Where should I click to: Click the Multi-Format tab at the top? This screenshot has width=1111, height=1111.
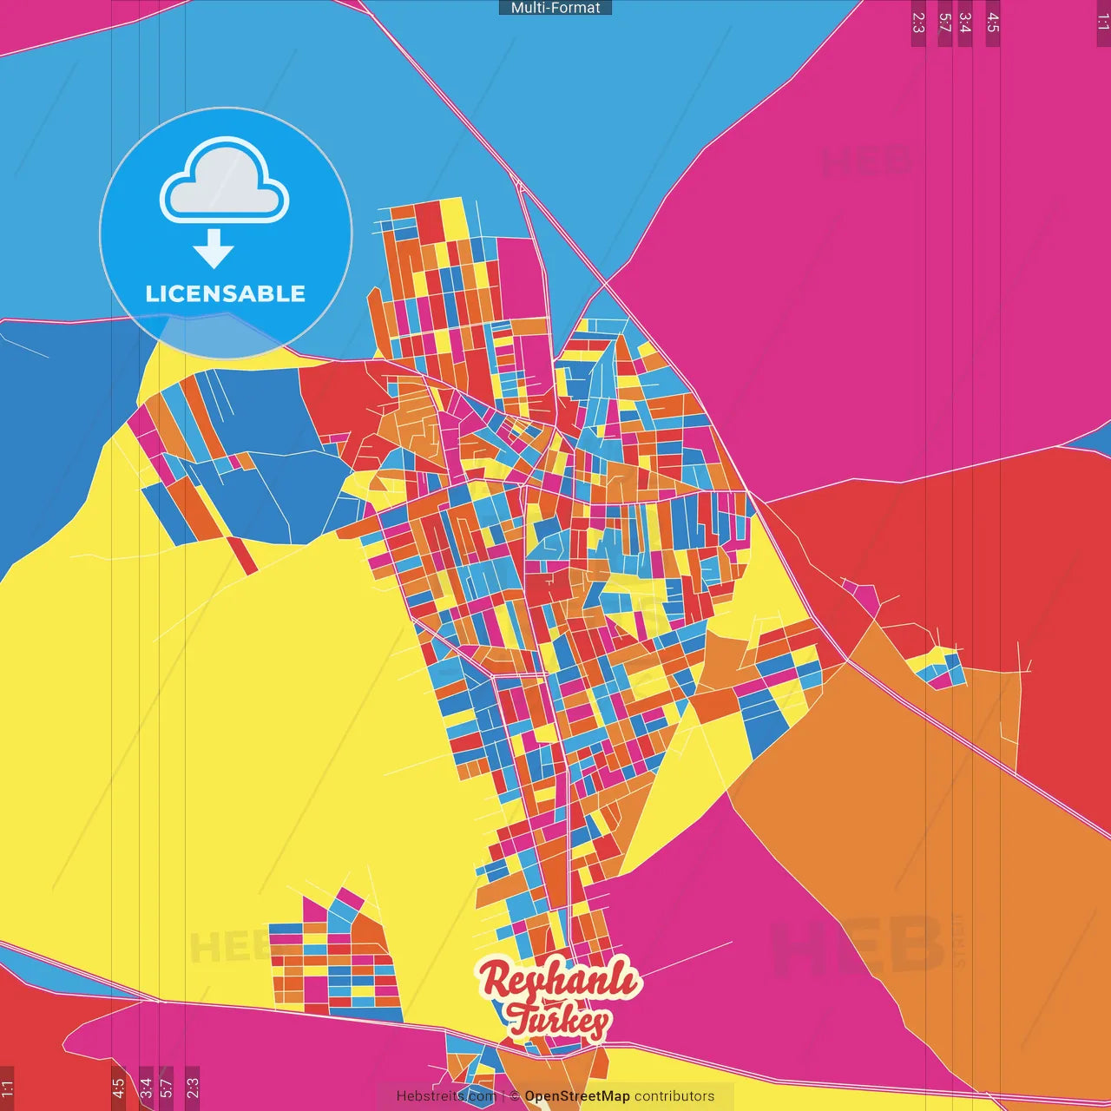coord(555,8)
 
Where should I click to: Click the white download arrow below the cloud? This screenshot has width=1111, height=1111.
coord(214,248)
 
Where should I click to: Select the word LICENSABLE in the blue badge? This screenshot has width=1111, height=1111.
coord(225,293)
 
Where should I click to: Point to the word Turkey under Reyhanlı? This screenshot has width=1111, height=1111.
coord(558,1019)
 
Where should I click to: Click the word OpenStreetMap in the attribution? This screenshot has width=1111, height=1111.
coord(577,1096)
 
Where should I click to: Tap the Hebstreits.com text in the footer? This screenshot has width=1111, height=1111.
coord(446,1096)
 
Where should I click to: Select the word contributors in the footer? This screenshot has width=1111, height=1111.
coord(674,1096)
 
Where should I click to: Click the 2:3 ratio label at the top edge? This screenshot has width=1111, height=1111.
coord(917,23)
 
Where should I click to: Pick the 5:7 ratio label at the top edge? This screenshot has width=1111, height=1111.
coord(944,23)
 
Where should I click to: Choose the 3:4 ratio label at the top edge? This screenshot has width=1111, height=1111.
coord(964,23)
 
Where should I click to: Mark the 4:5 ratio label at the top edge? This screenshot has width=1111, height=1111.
coord(992,23)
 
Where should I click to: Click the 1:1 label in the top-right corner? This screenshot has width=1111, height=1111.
coord(1102,23)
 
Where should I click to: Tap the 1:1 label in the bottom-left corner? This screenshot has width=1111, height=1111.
coord(8,1088)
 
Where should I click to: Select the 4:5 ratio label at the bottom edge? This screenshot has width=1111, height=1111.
coord(118,1088)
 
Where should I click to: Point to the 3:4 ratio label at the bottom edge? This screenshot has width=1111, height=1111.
coord(146,1088)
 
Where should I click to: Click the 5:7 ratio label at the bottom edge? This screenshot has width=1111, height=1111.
coord(166,1088)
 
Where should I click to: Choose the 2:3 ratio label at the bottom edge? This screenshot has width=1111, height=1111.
coord(193,1088)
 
